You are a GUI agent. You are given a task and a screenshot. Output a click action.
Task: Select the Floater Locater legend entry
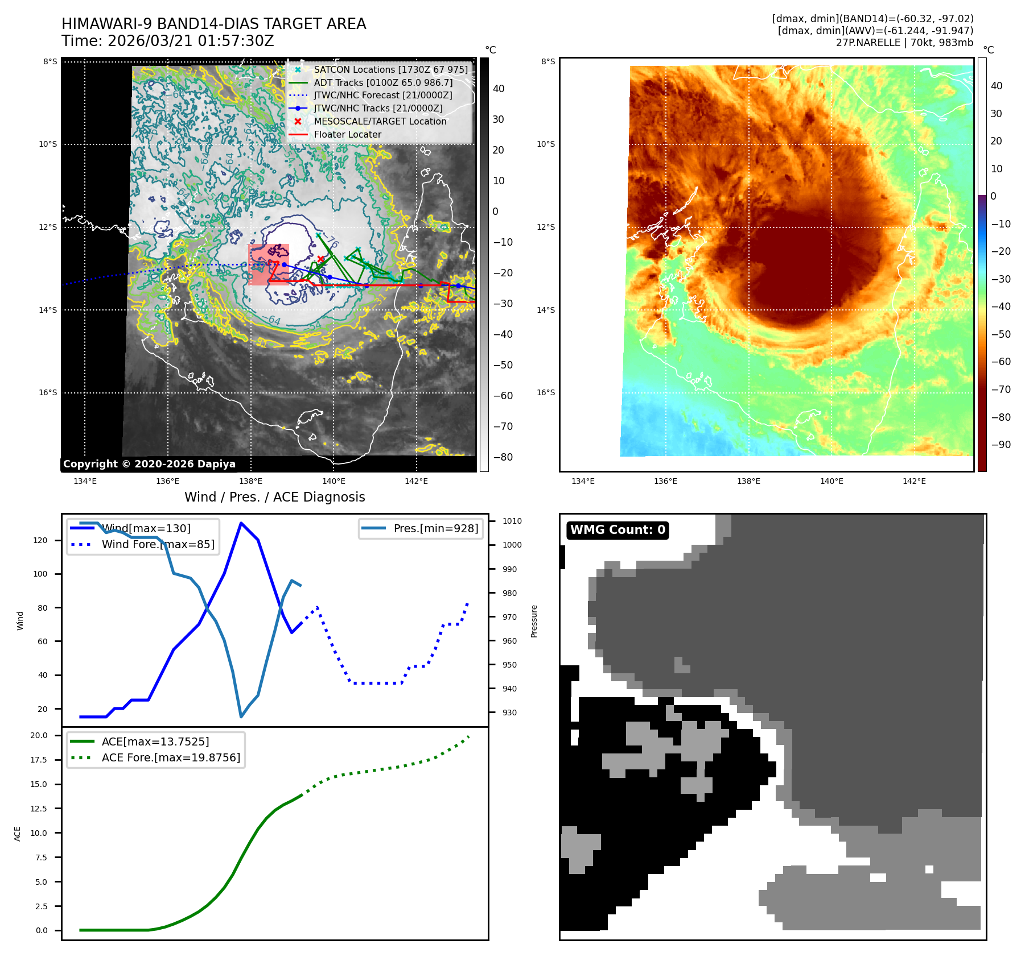(x=347, y=134)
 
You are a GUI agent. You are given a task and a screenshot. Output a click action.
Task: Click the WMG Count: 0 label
(x=618, y=530)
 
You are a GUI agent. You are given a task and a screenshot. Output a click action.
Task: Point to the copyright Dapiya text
(x=149, y=464)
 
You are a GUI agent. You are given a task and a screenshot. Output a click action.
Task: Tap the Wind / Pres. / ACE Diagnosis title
(x=274, y=497)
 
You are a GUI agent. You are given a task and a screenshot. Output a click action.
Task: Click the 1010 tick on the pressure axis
(x=512, y=521)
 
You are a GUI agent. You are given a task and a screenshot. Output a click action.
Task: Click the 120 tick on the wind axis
(x=40, y=540)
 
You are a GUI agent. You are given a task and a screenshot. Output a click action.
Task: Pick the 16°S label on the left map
(x=48, y=392)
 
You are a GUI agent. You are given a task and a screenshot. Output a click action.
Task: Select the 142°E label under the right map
(x=914, y=481)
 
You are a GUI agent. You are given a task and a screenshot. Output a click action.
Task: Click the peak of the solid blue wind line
(x=241, y=523)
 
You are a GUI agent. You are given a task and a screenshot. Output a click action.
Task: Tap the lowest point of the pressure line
(x=241, y=717)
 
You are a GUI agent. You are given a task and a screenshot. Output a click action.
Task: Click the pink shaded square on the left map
(x=269, y=264)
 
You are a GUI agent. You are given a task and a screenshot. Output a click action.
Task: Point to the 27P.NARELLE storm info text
(x=904, y=43)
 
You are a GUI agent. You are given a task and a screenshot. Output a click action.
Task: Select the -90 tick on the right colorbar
(x=1001, y=445)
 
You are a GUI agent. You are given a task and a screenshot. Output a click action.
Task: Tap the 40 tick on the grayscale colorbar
(x=499, y=89)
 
